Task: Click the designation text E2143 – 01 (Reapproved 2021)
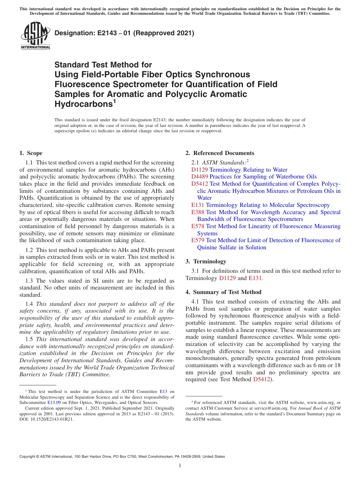click(124, 33)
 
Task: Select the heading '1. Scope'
click(31, 153)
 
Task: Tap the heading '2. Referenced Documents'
click(220, 153)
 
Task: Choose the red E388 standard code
click(198, 212)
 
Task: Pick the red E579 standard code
click(198, 240)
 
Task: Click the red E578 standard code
click(198, 226)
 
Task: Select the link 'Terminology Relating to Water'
click(248, 170)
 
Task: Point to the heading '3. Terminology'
click(206, 261)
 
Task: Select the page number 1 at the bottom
click(180, 465)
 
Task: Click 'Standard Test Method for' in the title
click(103, 65)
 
